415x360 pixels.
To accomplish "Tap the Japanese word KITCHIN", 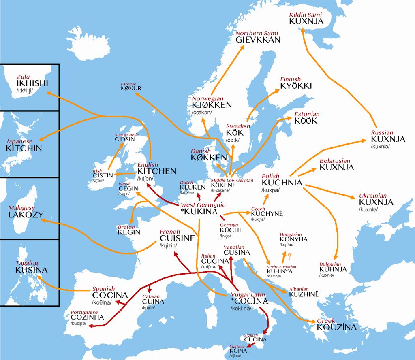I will pyautogui.click(x=24, y=148).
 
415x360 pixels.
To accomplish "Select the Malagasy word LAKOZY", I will pyautogui.click(x=26, y=215).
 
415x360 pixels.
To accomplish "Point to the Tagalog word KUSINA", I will pyautogui.click(x=32, y=270).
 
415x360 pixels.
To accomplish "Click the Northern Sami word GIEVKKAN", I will pyautogui.click(x=258, y=40).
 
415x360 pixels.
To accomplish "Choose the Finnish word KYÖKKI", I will pyautogui.click(x=296, y=86).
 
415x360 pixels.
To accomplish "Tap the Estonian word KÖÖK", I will pyautogui.click(x=306, y=121).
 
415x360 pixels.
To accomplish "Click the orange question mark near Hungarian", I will pyautogui.click(x=289, y=256).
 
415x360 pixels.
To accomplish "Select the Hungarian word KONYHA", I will pyautogui.click(x=293, y=239).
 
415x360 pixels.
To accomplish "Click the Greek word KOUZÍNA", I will pyautogui.click(x=336, y=327).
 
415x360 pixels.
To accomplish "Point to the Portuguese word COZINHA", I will pyautogui.click(x=87, y=317).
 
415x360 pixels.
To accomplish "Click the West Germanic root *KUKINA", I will pyautogui.click(x=199, y=212).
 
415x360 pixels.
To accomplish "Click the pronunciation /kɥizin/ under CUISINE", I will pyautogui.click(x=169, y=246).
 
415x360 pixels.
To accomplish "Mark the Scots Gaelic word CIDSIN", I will pyautogui.click(x=124, y=139).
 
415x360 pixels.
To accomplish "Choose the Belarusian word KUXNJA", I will pyautogui.click(x=336, y=167).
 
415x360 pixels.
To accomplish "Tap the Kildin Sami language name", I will pyautogui.click(x=305, y=15).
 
